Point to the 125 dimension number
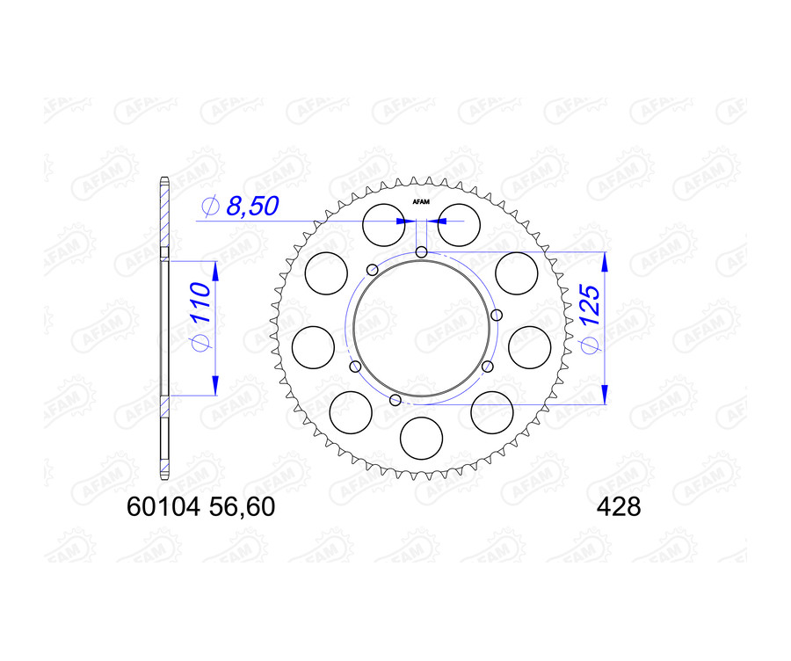pos(590,308)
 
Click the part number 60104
pos(164,507)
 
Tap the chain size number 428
pos(619,507)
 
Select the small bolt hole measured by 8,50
pos(422,253)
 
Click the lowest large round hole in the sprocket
pos(422,436)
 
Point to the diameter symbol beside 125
pos(590,347)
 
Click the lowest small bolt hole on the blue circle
pos(395,401)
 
